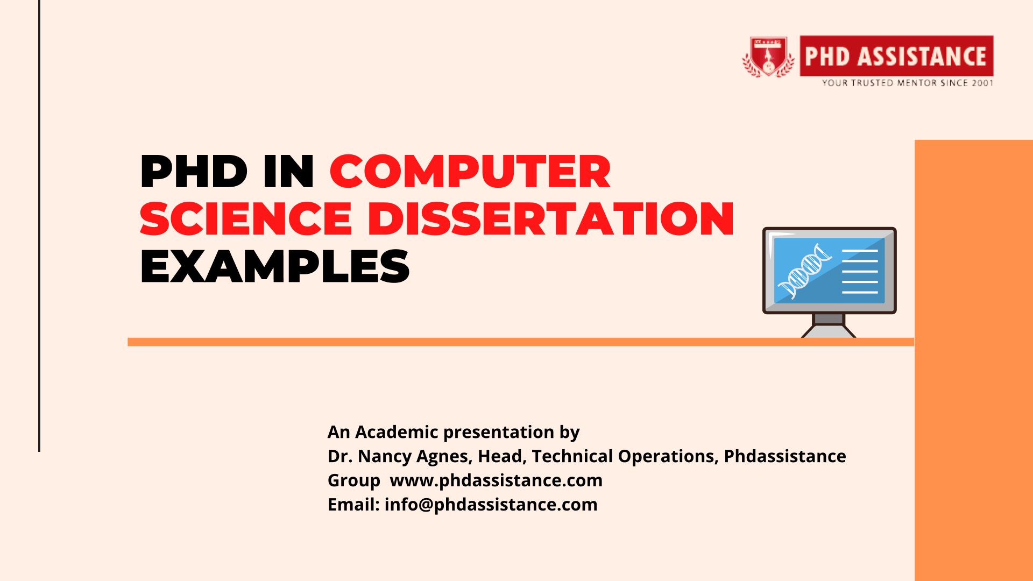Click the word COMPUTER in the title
point(470,172)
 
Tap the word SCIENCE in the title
point(246,219)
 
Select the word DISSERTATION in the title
point(551,219)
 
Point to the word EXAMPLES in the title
point(274,266)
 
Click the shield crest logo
point(768,56)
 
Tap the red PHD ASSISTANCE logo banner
point(896,56)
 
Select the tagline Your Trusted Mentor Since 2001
point(907,83)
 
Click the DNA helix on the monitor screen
point(804,271)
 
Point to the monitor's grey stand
point(829,326)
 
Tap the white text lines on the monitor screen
point(860,272)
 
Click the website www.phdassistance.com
point(496,480)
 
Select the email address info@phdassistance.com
point(491,505)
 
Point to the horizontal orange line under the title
point(521,342)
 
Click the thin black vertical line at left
point(39,226)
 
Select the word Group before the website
point(354,480)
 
